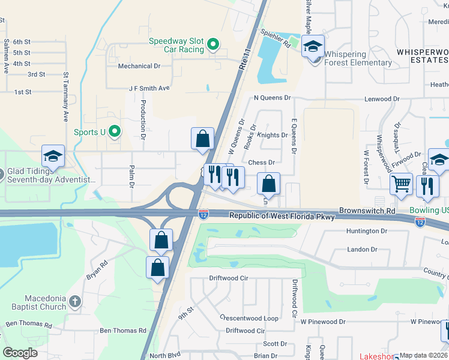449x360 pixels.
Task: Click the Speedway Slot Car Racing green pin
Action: click(x=212, y=44)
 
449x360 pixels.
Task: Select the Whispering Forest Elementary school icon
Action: click(x=313, y=47)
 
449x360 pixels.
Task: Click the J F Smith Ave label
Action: click(x=149, y=88)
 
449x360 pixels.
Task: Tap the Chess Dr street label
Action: click(x=261, y=163)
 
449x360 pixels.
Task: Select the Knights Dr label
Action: click(x=273, y=136)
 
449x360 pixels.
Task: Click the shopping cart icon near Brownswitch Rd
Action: click(x=401, y=185)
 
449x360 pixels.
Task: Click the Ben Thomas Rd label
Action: click(x=123, y=331)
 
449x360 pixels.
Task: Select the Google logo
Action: click(x=20, y=353)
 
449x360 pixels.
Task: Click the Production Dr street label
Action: click(x=144, y=119)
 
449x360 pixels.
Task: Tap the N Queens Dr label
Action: click(x=272, y=97)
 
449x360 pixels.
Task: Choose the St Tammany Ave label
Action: click(x=65, y=97)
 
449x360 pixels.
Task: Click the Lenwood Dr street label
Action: click(x=382, y=98)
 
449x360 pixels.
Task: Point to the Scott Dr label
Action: click(x=275, y=344)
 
